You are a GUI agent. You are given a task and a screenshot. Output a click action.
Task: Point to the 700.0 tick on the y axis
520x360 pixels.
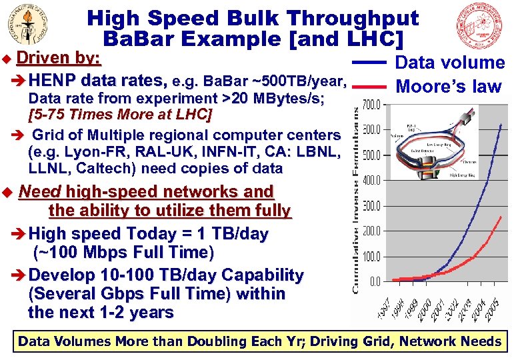click(372, 104)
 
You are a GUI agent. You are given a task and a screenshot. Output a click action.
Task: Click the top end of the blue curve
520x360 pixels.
click(501, 124)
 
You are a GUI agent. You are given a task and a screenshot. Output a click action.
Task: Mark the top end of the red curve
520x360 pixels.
click(501, 217)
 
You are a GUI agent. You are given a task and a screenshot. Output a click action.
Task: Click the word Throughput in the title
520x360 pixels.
click(346, 18)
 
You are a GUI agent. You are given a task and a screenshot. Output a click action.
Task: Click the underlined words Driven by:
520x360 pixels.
click(59, 59)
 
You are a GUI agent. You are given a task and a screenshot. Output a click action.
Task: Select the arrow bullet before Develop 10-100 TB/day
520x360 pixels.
click(20, 275)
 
